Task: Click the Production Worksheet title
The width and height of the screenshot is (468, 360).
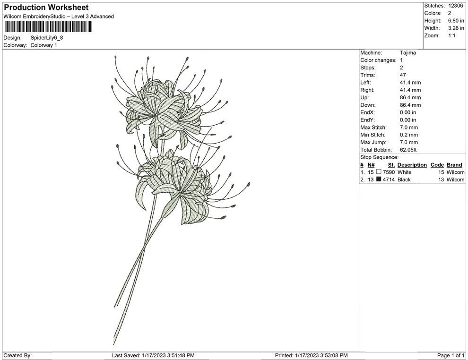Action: (46, 8)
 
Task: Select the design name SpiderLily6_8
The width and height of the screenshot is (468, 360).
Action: (46, 38)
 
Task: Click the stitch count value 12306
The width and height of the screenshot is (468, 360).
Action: (456, 6)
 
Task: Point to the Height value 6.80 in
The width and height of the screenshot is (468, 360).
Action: (456, 21)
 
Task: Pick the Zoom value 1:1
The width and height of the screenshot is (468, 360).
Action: (451, 36)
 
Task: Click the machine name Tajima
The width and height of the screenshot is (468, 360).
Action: (408, 53)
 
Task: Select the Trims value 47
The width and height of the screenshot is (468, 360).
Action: (403, 75)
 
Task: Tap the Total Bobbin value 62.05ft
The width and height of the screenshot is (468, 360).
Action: (410, 150)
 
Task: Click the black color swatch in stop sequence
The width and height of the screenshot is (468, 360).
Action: (379, 180)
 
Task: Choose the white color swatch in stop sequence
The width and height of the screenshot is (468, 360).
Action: (379, 172)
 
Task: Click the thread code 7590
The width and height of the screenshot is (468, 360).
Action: (389, 172)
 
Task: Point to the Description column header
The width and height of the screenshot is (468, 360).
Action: (412, 165)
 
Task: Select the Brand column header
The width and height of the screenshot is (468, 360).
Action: (454, 165)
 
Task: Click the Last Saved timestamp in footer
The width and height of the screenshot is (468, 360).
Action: (153, 355)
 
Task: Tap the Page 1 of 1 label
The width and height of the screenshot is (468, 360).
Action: (451, 355)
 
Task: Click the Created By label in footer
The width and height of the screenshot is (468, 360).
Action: (17, 355)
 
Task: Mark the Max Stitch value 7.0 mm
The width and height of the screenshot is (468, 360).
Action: (409, 128)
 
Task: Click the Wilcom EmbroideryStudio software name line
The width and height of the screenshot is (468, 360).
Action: (59, 17)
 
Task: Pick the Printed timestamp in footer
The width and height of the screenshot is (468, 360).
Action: (311, 355)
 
